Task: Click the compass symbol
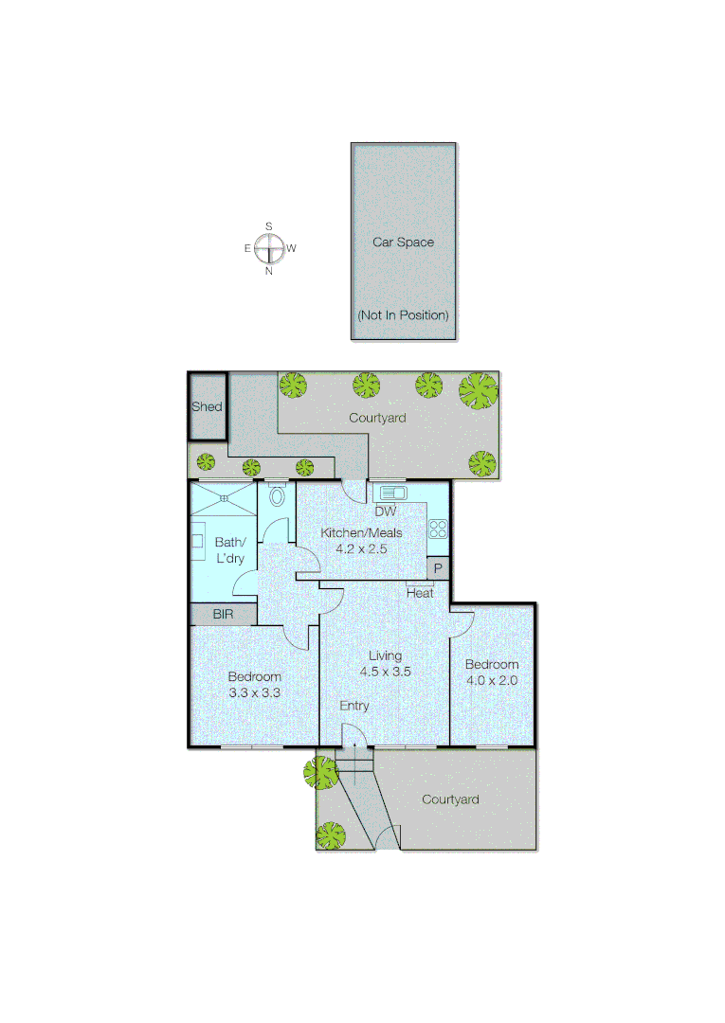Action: click(269, 249)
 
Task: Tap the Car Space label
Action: click(403, 242)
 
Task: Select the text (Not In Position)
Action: click(403, 314)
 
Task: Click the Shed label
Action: click(207, 407)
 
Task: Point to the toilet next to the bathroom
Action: click(277, 495)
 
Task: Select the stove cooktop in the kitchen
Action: click(437, 528)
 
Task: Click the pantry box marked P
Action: click(438, 568)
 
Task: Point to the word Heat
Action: click(420, 593)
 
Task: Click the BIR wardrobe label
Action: click(223, 615)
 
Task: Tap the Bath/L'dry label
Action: click(229, 550)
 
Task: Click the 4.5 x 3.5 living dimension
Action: click(385, 671)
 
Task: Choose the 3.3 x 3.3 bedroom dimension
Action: click(254, 692)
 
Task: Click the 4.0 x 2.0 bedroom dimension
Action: click(492, 679)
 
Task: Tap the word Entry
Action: click(354, 706)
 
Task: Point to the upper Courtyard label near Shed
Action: click(377, 418)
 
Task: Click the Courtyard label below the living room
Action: click(450, 799)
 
